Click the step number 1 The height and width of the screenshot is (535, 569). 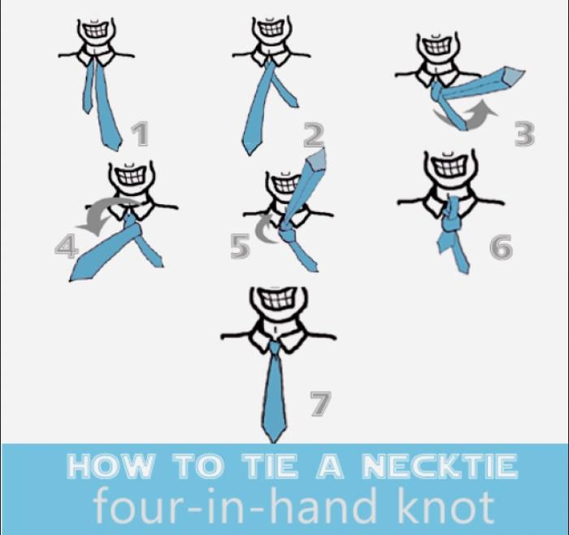140,134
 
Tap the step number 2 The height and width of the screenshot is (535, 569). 314,136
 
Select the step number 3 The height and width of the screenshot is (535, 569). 525,134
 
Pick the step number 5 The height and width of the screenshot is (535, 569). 241,246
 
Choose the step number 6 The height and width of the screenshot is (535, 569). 502,247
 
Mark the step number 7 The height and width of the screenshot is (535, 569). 321,403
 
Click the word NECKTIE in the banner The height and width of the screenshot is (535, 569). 440,466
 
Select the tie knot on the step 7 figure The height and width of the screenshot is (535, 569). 275,348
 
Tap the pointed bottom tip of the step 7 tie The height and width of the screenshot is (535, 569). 274,442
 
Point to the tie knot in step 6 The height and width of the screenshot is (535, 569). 451,220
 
